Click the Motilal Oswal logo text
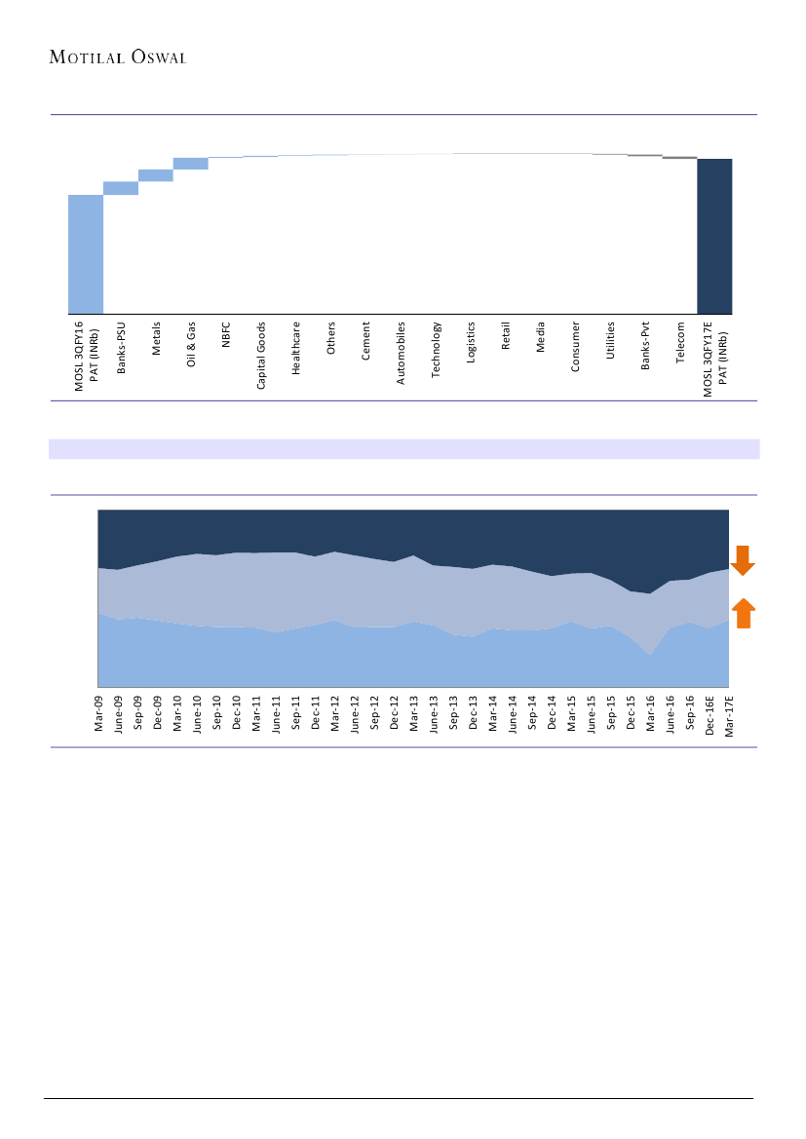click(x=118, y=57)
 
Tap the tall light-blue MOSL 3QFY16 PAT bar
click(x=85, y=253)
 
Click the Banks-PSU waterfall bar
click(x=120, y=188)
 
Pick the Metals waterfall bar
click(x=155, y=175)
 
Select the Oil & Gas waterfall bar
click(x=190, y=164)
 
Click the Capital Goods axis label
click(x=261, y=356)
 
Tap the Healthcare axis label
click(x=296, y=349)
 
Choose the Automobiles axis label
click(x=401, y=353)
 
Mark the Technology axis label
click(x=436, y=350)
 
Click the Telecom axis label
click(x=680, y=344)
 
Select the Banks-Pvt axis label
click(x=645, y=347)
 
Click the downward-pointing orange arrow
click(x=744, y=560)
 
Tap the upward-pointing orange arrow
click(x=744, y=613)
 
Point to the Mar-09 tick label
click(x=98, y=711)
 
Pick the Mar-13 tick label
click(x=413, y=711)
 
